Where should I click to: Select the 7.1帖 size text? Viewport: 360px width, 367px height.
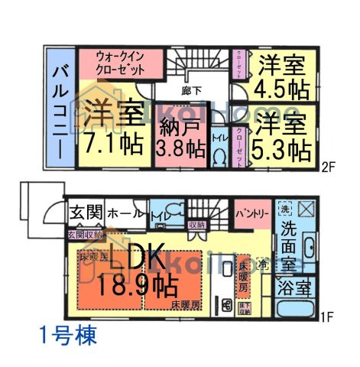point(114,143)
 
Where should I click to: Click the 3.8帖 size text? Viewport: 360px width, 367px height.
point(181,147)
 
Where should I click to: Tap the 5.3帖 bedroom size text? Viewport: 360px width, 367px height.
point(282,145)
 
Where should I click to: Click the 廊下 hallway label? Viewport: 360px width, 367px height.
point(192,90)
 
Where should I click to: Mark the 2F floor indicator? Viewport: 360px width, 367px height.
point(331,164)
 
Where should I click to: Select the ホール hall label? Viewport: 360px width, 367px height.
point(121,213)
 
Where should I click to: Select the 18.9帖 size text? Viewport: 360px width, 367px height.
point(138,287)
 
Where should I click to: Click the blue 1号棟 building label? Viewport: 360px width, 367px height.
point(66,335)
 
